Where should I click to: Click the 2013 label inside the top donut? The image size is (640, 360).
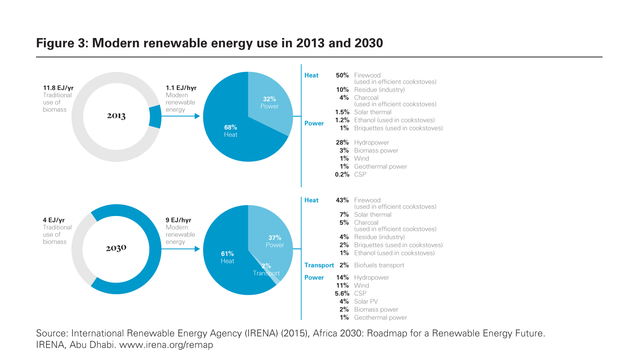[116, 116]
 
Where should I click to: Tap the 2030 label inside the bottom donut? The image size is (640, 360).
[116, 248]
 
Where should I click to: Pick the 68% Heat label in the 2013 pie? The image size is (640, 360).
[230, 131]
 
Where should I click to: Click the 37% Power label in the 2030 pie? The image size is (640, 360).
[275, 241]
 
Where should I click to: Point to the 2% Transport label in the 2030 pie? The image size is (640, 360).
[266, 270]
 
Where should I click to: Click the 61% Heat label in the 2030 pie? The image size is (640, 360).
[227, 257]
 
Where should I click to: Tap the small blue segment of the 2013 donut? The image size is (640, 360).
[155, 117]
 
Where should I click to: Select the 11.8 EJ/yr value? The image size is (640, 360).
[58, 88]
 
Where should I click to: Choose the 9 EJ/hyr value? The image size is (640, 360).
[178, 220]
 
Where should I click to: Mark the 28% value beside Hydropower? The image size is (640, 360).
[342, 142]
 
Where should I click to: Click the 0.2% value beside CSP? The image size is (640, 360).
[342, 174]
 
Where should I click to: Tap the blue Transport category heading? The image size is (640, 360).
[319, 265]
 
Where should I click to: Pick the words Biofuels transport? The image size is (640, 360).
[379, 265]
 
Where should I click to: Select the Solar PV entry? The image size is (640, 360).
[366, 301]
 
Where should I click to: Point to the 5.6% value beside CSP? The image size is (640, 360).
[342, 293]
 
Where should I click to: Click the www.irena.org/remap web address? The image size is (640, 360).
[166, 345]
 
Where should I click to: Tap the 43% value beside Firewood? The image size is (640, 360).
[342, 200]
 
